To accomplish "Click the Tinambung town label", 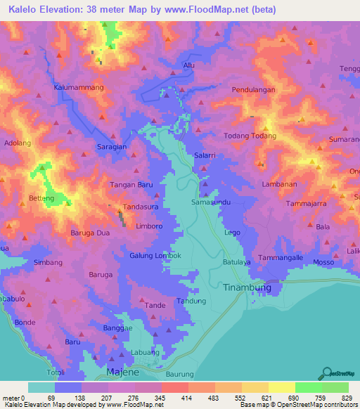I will (x=246, y=287).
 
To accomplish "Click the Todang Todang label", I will (x=250, y=136).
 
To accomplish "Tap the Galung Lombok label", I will (x=155, y=255).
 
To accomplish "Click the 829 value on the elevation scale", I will (x=348, y=398).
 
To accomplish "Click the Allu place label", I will (x=188, y=65).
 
